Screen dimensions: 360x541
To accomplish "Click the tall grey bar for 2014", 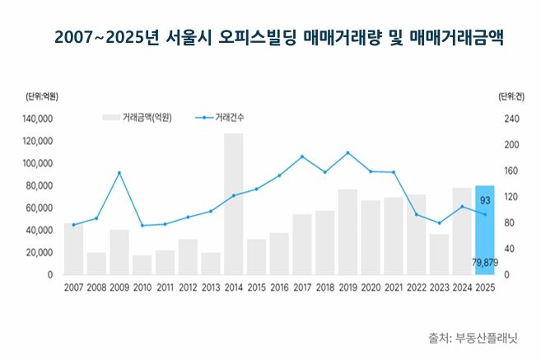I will point(234,203).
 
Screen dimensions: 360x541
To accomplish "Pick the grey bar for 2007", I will point(73,248).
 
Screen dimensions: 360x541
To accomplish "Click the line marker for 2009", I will point(119,172).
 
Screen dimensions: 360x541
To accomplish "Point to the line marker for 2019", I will point(347,152).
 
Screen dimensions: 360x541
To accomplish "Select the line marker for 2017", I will point(302,157).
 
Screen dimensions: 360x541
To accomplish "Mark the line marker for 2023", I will point(439,223).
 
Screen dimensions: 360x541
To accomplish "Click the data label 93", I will point(485,200).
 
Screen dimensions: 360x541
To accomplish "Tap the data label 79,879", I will point(484,263).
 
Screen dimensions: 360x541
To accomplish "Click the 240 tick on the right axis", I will point(512,119).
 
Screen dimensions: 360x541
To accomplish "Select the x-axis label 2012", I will point(188,288).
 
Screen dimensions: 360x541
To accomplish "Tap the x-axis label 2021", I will point(393,288).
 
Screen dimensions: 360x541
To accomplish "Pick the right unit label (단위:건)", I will point(511,96).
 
